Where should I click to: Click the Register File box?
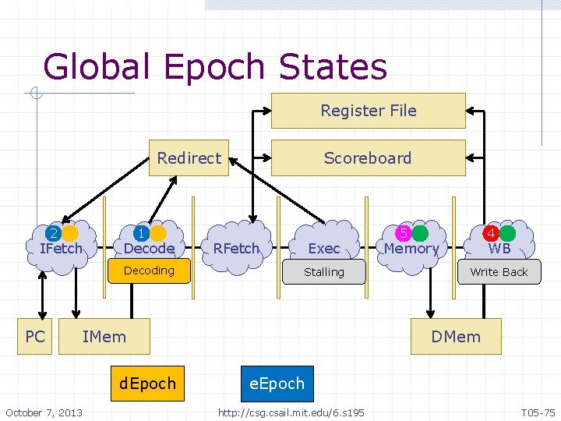pyautogui.click(x=368, y=111)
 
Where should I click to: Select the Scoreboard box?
pyautogui.click(x=368, y=157)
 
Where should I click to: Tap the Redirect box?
pyautogui.click(x=189, y=157)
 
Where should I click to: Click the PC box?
pyautogui.click(x=35, y=337)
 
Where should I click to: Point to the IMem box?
pyautogui.click(x=104, y=337)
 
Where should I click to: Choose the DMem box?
pyautogui.click(x=457, y=337)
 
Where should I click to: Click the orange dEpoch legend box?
pyautogui.click(x=147, y=384)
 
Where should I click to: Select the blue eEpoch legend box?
pyautogui.click(x=277, y=384)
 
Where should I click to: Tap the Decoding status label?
pyautogui.click(x=150, y=271)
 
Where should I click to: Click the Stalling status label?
pyautogui.click(x=324, y=272)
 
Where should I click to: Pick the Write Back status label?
pyautogui.click(x=499, y=272)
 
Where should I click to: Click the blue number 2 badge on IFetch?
pyautogui.click(x=53, y=233)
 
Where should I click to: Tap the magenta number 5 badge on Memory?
pyautogui.click(x=404, y=233)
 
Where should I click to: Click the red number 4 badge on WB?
pyautogui.click(x=492, y=233)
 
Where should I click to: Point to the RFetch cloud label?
pyautogui.click(x=236, y=248)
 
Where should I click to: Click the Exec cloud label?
pyautogui.click(x=324, y=249)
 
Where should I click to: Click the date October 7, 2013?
pyautogui.click(x=44, y=412)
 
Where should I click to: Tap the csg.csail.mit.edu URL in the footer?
pyautogui.click(x=291, y=412)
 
